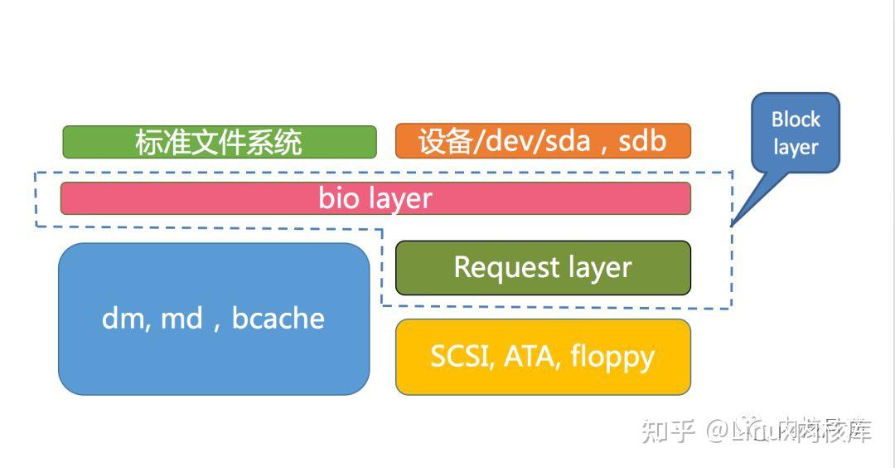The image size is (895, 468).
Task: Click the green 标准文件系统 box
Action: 219,142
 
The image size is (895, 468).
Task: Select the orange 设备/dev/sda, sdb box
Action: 543,141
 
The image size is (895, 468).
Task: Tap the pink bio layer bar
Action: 375,198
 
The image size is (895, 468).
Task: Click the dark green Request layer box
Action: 543,267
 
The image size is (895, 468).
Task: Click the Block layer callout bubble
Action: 796,133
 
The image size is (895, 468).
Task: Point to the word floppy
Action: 612,356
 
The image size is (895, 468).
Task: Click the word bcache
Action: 278,318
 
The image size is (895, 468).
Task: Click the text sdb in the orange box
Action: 642,141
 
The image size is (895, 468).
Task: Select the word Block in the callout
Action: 796,119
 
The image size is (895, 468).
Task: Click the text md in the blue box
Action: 181,318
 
